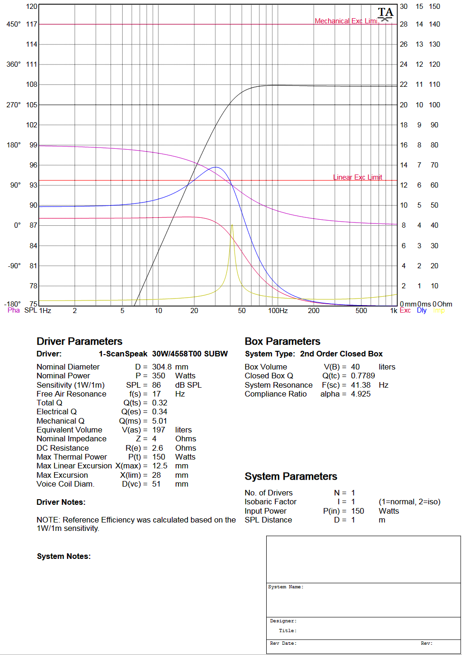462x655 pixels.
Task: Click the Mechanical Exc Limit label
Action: click(347, 21)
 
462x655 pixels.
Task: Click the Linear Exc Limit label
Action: click(358, 177)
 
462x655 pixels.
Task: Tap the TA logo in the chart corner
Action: click(386, 14)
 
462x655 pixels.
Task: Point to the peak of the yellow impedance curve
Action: click(232, 225)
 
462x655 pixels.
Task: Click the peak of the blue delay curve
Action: click(216, 167)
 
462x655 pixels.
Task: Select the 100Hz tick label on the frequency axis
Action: click(277, 311)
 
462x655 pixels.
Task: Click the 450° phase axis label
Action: click(14, 24)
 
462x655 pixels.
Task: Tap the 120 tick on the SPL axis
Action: click(32, 6)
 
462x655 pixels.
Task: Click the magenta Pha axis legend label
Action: click(14, 310)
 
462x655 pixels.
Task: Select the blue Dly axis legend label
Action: click(421, 311)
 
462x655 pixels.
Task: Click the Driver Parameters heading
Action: click(79, 341)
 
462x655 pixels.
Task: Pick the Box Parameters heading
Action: click(283, 341)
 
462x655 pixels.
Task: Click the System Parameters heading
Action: click(291, 476)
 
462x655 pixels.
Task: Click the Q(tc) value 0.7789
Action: click(363, 376)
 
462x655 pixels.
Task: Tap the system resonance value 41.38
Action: click(360, 385)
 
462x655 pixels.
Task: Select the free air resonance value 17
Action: click(156, 394)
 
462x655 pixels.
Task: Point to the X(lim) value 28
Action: click(156, 475)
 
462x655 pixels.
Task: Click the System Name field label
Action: click(285, 587)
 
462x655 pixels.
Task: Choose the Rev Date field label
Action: click(283, 643)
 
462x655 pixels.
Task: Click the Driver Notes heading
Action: click(61, 502)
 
